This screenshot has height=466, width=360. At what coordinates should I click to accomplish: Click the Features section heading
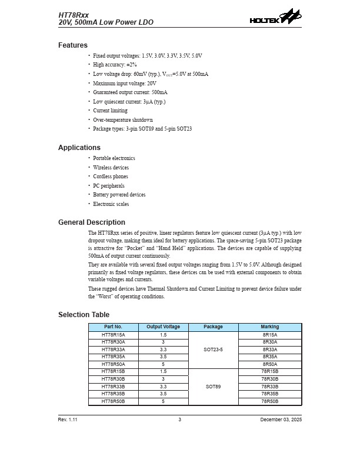tap(73, 45)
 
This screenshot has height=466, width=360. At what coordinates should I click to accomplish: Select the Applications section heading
tap(79, 148)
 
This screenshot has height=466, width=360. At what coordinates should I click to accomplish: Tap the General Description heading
tap(92, 222)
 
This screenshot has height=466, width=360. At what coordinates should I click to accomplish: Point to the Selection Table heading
tap(84, 315)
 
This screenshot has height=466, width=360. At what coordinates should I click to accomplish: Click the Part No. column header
tap(114, 327)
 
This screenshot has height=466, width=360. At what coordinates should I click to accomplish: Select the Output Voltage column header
tap(163, 327)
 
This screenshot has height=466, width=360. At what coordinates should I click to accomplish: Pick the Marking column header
tap(270, 327)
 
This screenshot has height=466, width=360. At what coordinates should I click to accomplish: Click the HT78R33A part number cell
tap(114, 349)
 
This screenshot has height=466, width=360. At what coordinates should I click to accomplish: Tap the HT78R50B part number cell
tap(114, 401)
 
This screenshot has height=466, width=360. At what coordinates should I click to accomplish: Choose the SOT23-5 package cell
tap(213, 349)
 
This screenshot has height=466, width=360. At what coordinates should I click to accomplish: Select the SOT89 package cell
tap(213, 387)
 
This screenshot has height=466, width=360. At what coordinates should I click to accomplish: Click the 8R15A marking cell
tap(270, 335)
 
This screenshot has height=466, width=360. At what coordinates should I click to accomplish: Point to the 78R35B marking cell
tap(270, 394)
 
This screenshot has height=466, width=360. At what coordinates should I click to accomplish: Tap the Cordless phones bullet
tap(111, 177)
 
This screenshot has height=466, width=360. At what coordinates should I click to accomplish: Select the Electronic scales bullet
tap(111, 204)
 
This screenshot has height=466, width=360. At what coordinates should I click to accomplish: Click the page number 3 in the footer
tap(180, 420)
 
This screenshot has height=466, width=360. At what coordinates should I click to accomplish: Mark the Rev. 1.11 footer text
tap(68, 420)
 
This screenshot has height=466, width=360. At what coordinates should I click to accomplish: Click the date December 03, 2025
tap(281, 420)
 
